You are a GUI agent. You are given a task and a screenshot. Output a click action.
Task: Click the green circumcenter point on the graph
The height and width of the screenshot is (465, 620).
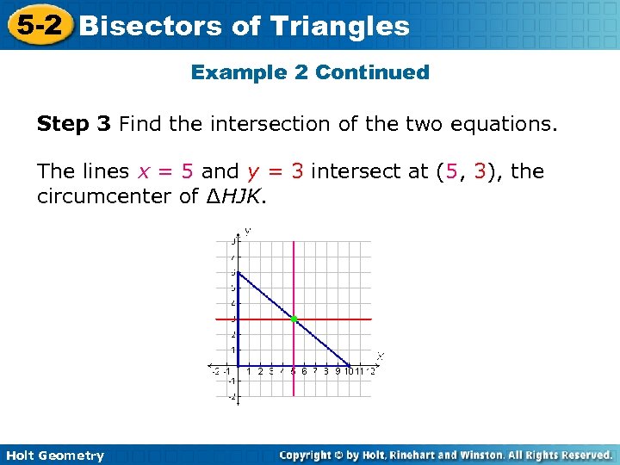click(x=294, y=319)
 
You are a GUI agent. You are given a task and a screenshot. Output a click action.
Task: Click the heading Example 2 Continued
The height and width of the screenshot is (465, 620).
click(x=310, y=72)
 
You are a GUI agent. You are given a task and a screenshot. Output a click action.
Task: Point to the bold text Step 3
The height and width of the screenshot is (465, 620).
click(x=74, y=125)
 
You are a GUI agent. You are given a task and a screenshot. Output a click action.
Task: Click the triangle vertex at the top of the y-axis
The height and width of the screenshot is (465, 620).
click(x=238, y=273)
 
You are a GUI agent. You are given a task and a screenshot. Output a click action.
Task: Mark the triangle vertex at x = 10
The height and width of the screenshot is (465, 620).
click(x=349, y=365)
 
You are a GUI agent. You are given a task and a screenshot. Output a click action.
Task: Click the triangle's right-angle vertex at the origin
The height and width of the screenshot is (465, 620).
click(x=238, y=365)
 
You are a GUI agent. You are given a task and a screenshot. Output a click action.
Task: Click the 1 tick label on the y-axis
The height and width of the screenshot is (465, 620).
click(x=232, y=350)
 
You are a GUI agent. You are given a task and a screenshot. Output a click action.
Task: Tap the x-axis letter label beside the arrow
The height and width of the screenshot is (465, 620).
click(x=380, y=356)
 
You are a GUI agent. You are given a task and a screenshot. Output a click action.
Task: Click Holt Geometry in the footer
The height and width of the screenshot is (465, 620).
click(x=54, y=456)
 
